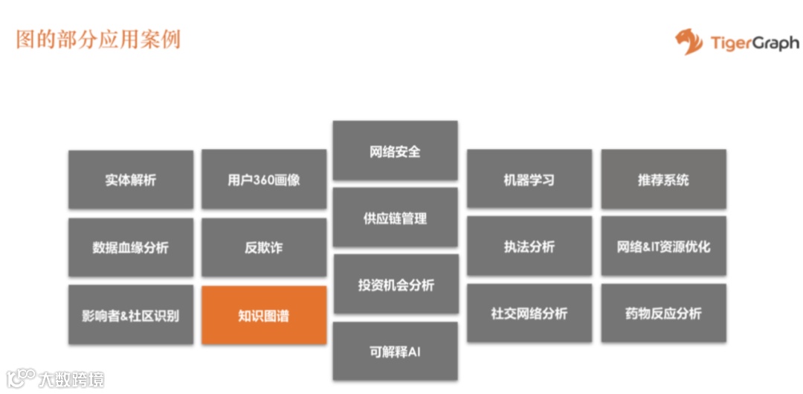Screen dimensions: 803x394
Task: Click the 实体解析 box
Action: click(131, 179)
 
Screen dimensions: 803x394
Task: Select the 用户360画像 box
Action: click(264, 179)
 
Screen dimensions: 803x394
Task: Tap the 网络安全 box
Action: click(395, 151)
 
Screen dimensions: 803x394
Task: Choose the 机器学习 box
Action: click(529, 179)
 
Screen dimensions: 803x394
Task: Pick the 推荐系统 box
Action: click(663, 179)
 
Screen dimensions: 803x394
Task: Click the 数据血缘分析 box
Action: click(131, 247)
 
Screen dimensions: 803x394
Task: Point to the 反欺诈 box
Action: click(264, 247)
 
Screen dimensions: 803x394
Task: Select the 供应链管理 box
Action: click(395, 218)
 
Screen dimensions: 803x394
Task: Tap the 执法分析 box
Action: click(529, 247)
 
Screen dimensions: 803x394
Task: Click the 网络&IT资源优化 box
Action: click(663, 247)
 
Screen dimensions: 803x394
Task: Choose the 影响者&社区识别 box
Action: click(131, 315)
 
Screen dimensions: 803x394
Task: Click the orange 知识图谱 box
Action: click(264, 315)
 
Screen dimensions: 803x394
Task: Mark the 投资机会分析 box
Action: click(395, 285)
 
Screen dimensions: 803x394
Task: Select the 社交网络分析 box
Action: click(529, 314)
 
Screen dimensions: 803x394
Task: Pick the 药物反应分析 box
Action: click(663, 314)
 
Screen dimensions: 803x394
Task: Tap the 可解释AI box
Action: click(395, 351)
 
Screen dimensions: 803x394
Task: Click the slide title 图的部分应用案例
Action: click(98, 39)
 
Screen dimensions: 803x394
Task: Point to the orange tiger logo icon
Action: click(688, 42)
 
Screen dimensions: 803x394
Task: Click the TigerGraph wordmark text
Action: click(754, 43)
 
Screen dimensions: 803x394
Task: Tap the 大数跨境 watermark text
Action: click(71, 379)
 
